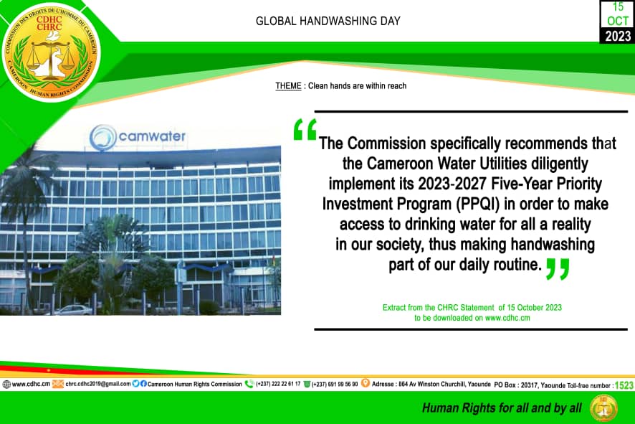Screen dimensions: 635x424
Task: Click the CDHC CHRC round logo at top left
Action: coord(51,52)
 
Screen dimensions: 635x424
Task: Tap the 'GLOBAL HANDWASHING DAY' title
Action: coord(328,21)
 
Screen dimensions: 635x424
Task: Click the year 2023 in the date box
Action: coord(618,36)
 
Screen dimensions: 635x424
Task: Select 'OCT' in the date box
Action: coord(618,21)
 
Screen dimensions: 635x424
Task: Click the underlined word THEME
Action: coord(288,86)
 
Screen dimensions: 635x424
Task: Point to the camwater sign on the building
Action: coord(138,137)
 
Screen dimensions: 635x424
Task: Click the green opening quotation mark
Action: coord(305,130)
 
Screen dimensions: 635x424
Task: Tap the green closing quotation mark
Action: coord(558,269)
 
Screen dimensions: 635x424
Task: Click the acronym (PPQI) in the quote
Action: coord(478,204)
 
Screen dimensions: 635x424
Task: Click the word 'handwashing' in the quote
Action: coord(553,245)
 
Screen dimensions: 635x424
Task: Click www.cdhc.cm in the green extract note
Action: coord(507,318)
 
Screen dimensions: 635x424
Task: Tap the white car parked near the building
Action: coord(74,310)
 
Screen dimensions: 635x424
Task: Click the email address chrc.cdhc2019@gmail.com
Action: coord(98,383)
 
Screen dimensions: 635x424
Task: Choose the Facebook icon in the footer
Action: coord(143,383)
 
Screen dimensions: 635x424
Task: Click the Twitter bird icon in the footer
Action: coord(135,383)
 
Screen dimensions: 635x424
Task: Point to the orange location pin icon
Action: coord(366,383)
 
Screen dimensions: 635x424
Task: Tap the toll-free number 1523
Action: coord(624,385)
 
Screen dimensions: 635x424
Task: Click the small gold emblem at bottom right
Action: coord(603,408)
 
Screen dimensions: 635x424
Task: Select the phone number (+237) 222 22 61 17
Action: coord(278,384)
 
